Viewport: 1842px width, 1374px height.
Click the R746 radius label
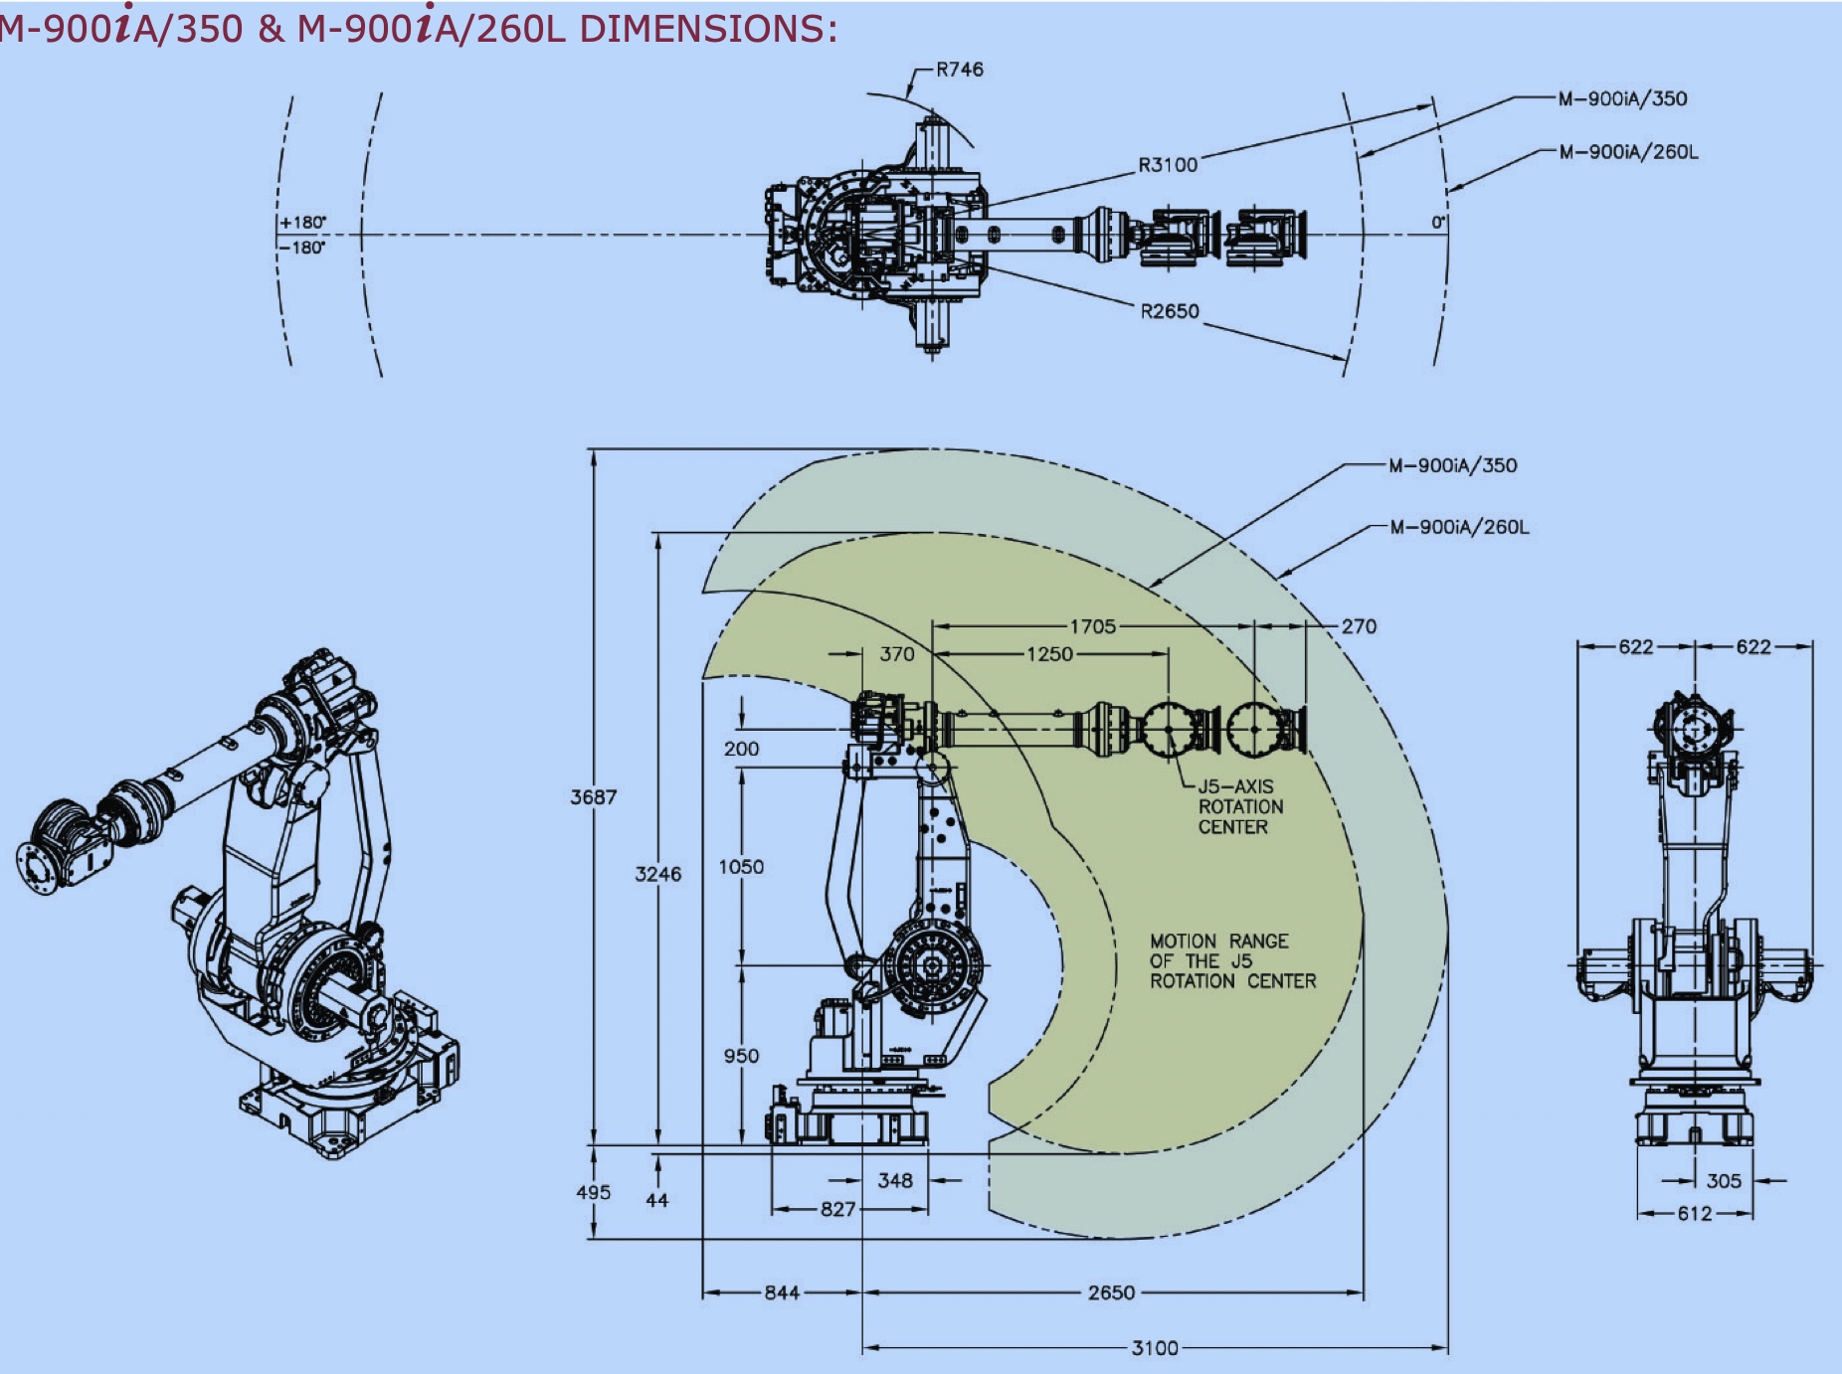click(959, 70)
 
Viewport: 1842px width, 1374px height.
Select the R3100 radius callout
click(1168, 165)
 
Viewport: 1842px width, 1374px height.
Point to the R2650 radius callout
click(1170, 311)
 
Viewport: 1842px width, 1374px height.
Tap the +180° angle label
click(303, 223)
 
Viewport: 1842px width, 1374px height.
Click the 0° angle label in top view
click(1438, 223)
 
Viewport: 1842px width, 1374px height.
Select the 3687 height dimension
click(594, 797)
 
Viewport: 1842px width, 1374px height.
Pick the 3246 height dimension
click(658, 874)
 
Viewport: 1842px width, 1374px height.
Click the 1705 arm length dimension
click(1092, 626)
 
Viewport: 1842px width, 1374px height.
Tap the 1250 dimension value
click(1049, 654)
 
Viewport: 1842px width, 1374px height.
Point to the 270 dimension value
click(1359, 626)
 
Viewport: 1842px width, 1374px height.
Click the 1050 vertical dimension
click(741, 867)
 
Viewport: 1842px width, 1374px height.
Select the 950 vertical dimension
click(741, 1056)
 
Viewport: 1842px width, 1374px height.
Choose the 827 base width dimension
click(837, 1209)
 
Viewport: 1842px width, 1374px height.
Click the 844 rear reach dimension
click(782, 1292)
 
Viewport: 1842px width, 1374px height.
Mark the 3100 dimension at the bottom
click(1155, 1348)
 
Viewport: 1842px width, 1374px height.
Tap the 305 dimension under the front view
click(1724, 1181)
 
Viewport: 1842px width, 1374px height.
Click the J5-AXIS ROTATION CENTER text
click(1239, 806)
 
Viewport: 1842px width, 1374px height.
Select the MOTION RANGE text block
click(1232, 961)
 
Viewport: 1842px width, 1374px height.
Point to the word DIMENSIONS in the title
click(701, 28)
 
